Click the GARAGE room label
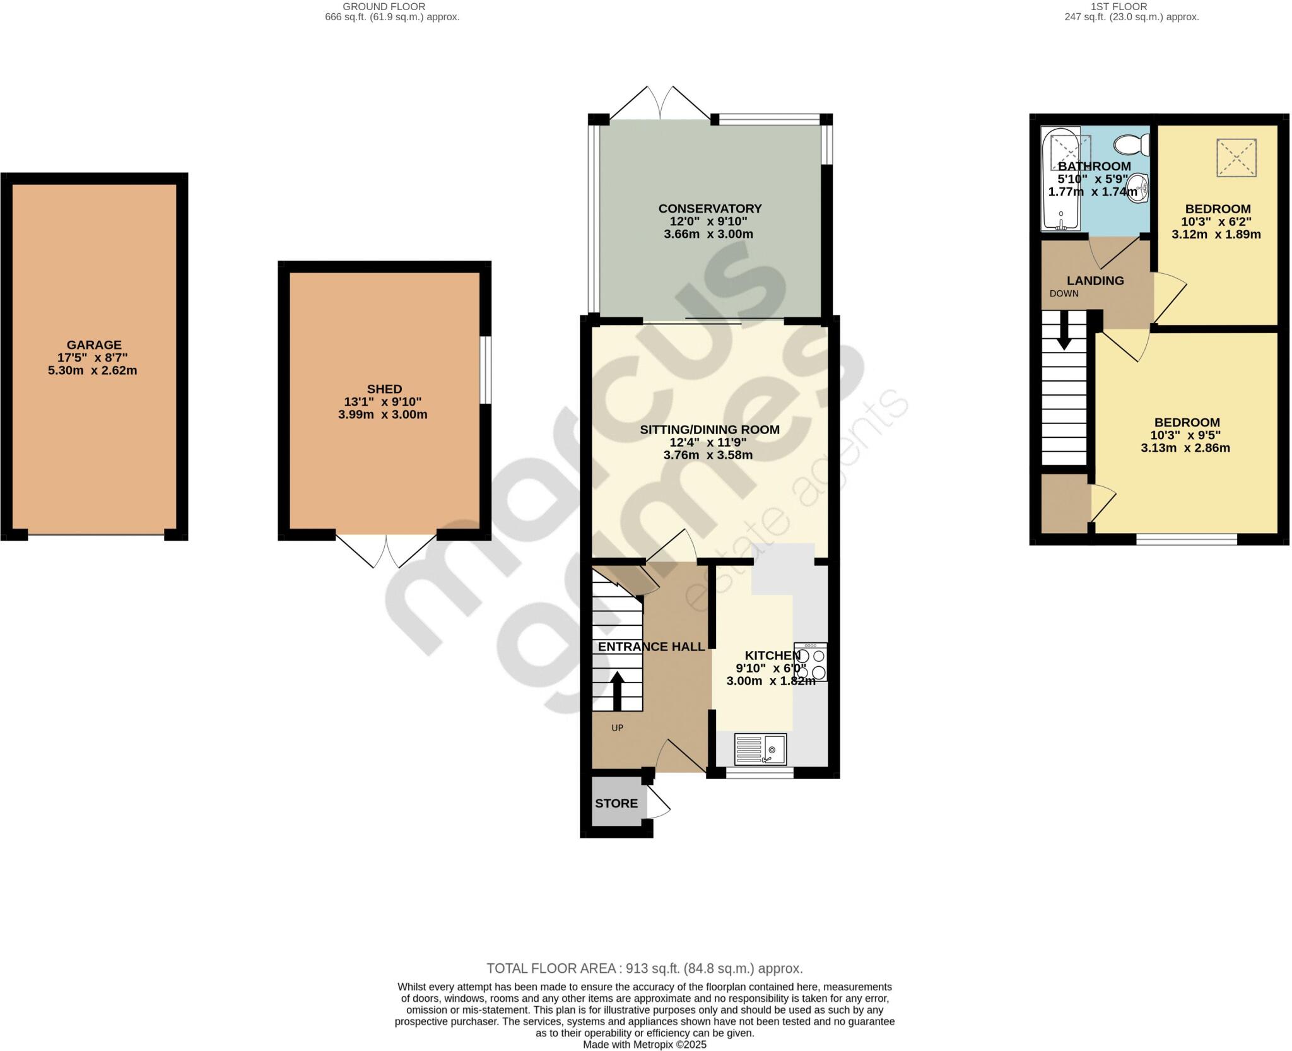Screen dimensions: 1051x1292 [94, 345]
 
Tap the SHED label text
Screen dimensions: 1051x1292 [384, 389]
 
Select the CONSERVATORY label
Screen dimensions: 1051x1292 [710, 209]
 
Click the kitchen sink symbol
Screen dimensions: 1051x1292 [760, 749]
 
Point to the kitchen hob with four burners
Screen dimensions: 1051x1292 [811, 662]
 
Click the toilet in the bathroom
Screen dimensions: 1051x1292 [1132, 146]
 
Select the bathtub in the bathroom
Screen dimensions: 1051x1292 [1061, 180]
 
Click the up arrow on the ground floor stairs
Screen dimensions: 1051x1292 [617, 691]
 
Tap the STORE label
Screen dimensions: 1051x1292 [616, 804]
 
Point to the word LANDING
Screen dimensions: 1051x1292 [1095, 281]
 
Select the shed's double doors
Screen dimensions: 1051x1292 [386, 551]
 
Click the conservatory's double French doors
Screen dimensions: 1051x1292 [661, 103]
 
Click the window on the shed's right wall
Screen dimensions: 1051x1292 [484, 370]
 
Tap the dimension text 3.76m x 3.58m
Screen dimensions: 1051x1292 [708, 455]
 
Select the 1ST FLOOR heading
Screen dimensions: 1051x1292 [1131, 7]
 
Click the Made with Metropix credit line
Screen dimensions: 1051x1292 [645, 1045]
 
